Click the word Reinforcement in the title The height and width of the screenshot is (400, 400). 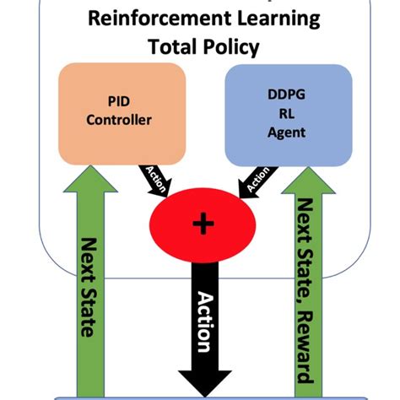(x=144, y=19)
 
